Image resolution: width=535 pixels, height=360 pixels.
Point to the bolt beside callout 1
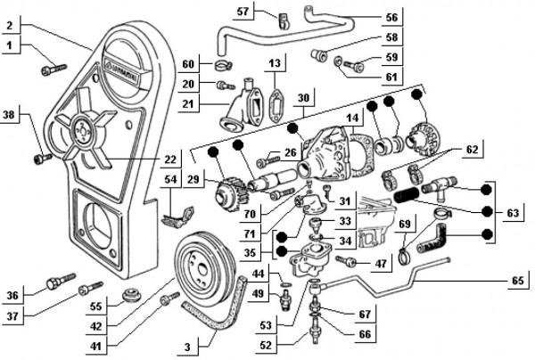(x=52, y=64)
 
